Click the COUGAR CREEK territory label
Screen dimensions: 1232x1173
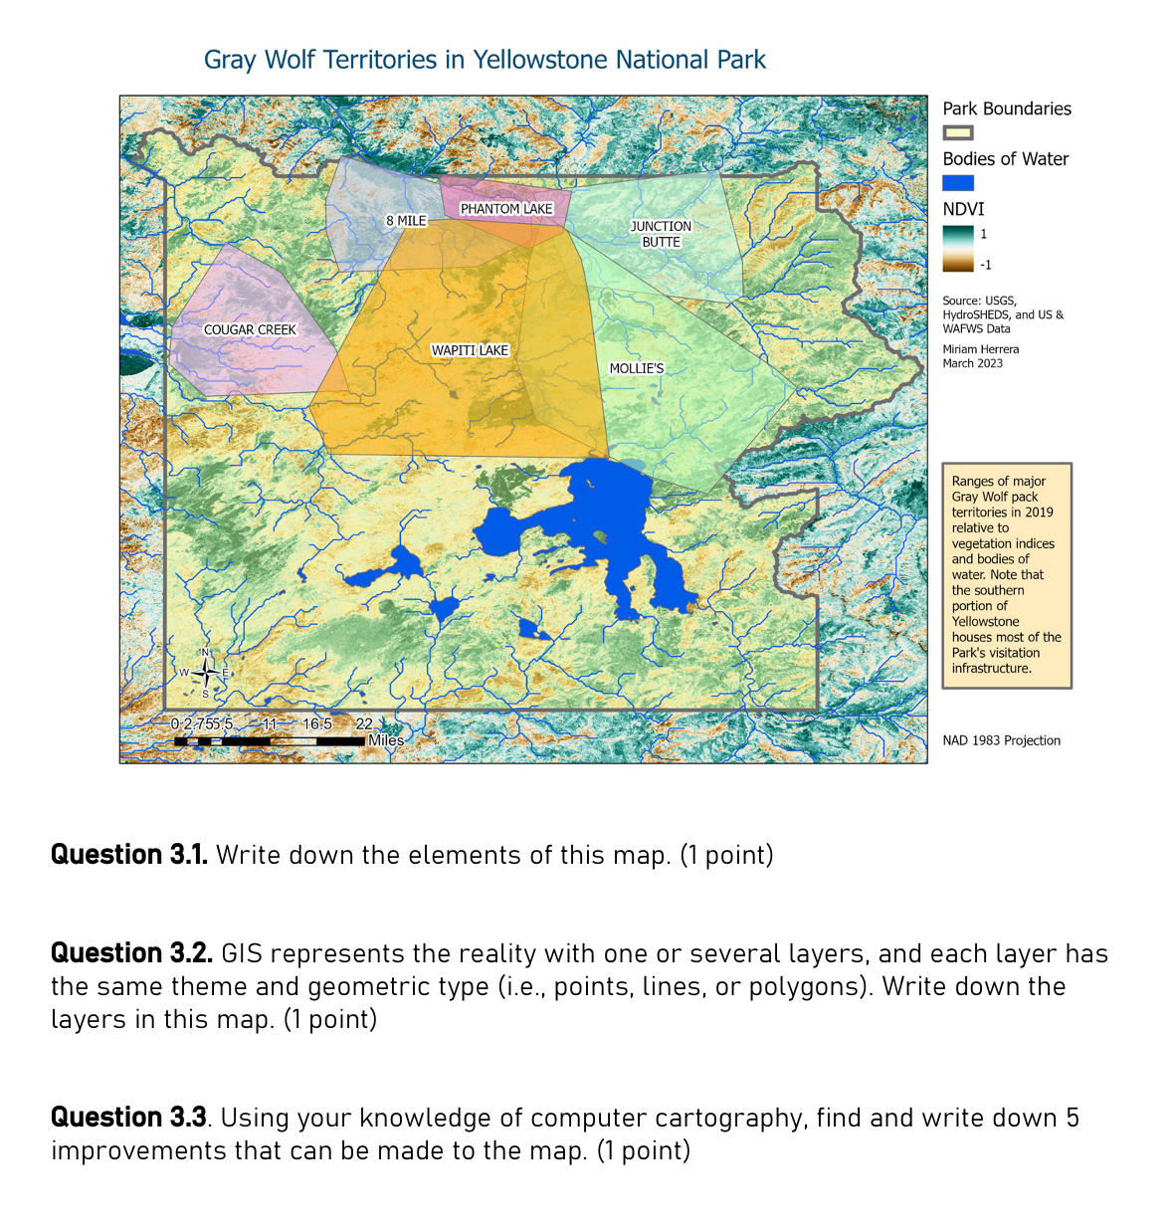[250, 329]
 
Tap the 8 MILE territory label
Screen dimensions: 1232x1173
[406, 220]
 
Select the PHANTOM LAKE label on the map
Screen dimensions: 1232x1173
[506, 209]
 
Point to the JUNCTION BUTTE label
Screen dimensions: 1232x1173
[661, 234]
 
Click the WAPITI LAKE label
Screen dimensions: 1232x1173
[470, 350]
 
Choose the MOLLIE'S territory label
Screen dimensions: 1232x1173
[637, 368]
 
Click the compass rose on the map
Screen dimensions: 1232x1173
[205, 673]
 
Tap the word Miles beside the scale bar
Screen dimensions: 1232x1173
[386, 740]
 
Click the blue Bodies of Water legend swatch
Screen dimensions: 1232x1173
[957, 183]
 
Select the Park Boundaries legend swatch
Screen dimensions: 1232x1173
[957, 132]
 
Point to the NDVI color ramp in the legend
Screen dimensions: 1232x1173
[957, 249]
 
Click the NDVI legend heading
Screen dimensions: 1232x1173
[963, 209]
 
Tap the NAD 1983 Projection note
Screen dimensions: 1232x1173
[1001, 740]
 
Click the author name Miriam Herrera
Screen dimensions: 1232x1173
[980, 349]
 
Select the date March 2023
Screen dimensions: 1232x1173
[972, 363]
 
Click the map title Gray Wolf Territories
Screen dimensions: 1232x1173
[485, 60]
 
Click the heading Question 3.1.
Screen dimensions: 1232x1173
[128, 855]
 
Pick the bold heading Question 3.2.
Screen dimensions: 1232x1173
[131, 953]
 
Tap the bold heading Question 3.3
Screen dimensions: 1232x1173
[128, 1118]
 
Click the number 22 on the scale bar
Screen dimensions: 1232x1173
[364, 724]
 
